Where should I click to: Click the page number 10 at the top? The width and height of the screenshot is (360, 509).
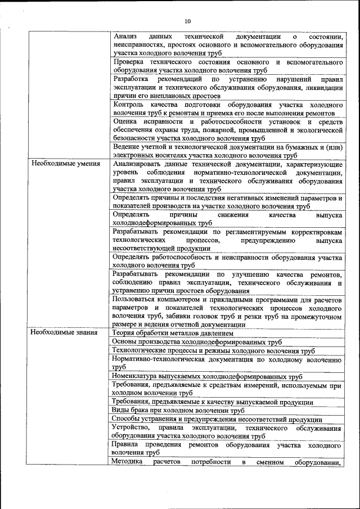188,22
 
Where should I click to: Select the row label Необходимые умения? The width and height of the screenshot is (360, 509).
66,164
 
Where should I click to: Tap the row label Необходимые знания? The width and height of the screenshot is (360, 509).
65,333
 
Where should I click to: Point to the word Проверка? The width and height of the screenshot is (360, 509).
129,61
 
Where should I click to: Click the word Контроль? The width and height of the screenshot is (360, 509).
129,105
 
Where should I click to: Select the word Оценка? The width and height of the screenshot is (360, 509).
125,121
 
